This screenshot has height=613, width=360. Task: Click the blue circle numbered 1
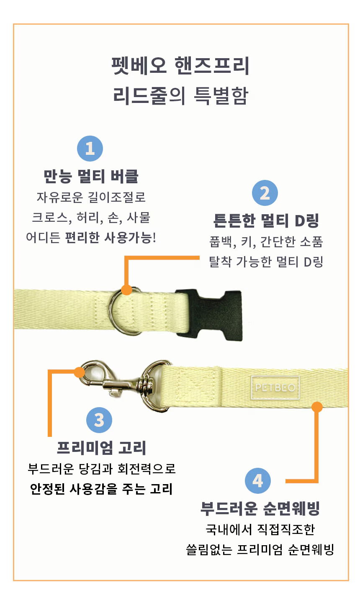90,149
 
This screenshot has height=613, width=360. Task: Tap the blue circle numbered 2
265,193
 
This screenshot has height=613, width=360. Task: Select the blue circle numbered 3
99,420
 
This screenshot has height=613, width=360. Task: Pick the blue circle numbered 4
257,480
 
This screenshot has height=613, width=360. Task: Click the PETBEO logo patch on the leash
275,387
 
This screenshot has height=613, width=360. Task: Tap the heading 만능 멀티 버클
91,176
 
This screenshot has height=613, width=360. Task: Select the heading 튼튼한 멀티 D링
266,221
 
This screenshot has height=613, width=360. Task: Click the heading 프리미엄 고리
101,448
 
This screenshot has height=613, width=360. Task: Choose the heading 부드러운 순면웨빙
260,509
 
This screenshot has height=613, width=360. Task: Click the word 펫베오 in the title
139,66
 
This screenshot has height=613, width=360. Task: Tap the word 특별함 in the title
221,96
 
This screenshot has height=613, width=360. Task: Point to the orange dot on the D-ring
126,290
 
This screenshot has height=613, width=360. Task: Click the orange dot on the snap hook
80,372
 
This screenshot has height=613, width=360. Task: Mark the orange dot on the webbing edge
317,407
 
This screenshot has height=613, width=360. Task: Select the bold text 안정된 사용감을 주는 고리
101,489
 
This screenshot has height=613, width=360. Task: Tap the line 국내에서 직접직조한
260,530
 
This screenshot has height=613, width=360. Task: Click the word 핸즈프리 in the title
212,66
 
